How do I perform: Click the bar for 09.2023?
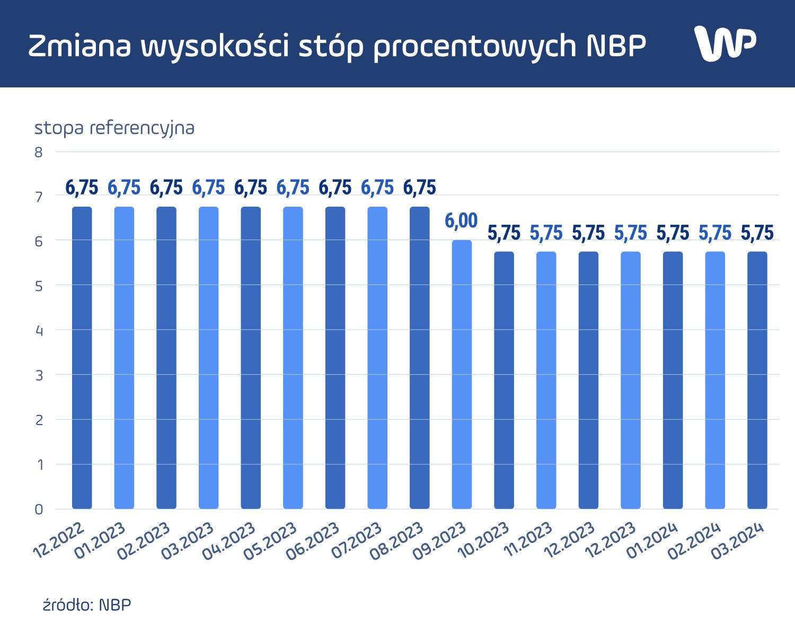(462, 374)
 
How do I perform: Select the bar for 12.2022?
(82, 358)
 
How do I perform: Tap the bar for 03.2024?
(757, 380)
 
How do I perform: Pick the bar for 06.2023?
(335, 358)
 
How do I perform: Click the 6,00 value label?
(461, 220)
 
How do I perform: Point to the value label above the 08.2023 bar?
(420, 188)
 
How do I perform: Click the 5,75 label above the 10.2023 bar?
(504, 233)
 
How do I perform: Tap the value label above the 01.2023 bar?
(124, 188)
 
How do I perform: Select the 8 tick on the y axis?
(38, 153)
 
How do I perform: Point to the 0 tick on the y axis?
(38, 509)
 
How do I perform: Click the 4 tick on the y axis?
(38, 331)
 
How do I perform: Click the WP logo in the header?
(725, 43)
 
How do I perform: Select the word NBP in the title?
(616, 46)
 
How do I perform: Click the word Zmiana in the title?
(79, 46)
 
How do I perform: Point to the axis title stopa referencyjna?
(114, 128)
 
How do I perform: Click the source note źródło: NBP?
(87, 605)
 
